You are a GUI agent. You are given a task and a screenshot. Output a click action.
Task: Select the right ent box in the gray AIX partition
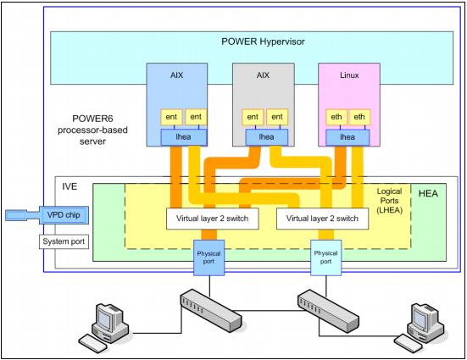(275, 117)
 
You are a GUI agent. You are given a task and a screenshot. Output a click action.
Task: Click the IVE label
(70, 183)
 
